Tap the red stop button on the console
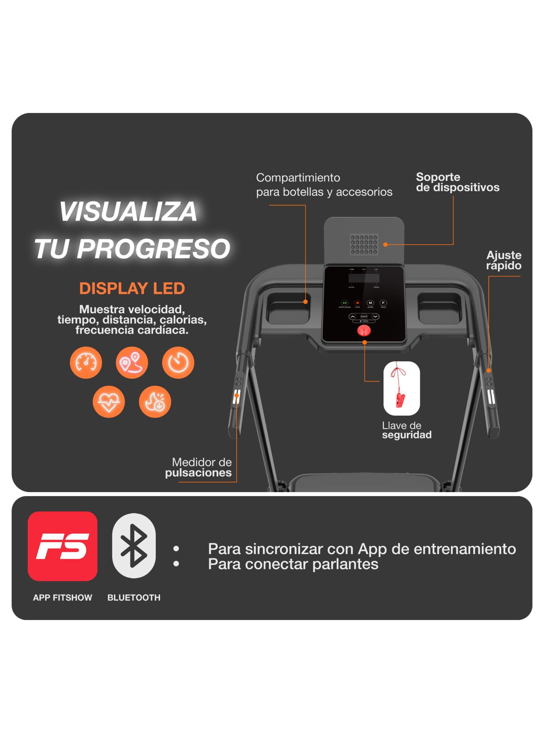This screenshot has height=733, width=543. tap(357, 303)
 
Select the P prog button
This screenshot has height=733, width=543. tap(383, 303)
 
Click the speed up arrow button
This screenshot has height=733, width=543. tap(353, 317)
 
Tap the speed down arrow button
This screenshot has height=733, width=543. tap(375, 317)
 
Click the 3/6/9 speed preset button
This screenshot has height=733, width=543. tap(364, 317)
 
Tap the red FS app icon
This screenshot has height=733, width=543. tap(62, 546)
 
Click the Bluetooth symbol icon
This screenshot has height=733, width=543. tap(134, 546)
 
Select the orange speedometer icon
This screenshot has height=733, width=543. tap(86, 362)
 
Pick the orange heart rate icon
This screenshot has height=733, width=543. tap(109, 401)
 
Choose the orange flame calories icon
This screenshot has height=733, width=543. tap(155, 401)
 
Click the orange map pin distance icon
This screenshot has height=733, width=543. tap(132, 362)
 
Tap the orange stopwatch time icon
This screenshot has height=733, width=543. tap(178, 362)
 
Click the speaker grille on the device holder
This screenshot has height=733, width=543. tap(364, 244)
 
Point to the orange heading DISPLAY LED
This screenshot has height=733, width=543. tap(132, 289)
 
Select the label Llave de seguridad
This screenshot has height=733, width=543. tap(406, 430)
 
